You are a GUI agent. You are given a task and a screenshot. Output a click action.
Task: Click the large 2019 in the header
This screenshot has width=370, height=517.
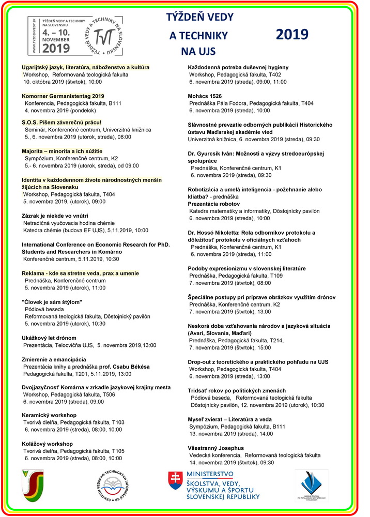coord(292,34)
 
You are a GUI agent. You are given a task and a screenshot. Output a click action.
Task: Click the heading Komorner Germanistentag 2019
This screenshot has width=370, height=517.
coord(63,96)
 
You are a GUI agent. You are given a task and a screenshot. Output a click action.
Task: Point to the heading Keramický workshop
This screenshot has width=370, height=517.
coord(49,415)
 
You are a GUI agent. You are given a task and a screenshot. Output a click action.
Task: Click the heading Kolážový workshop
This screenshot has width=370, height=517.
coord(47,444)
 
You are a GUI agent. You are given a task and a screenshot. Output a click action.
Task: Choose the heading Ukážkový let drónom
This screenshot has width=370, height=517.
coord(49,338)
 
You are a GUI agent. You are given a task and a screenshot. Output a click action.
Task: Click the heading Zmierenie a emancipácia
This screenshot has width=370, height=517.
coord(54,359)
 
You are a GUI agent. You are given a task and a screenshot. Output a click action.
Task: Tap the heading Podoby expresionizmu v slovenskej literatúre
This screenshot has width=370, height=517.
coord(246,268)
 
